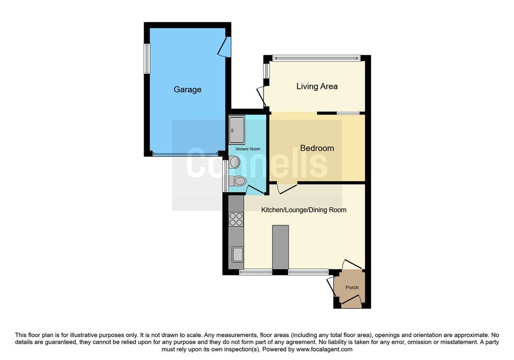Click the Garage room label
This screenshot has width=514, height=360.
pos(187,89)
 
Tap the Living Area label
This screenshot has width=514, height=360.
pos(317,86)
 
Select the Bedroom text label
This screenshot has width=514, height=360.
pos(317,148)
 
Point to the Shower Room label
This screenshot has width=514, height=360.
pos(248,149)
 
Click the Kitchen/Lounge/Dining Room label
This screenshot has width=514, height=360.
pos(304,210)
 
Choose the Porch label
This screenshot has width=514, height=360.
pos(352,288)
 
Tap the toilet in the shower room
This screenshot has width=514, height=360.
pos(238,181)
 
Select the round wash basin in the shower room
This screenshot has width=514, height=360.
pos(234,162)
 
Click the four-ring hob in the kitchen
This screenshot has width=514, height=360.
pos(236,219)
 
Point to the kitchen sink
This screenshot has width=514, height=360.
pos(237,255)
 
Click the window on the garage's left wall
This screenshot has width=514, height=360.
pos(147,58)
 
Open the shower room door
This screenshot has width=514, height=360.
pos(256,190)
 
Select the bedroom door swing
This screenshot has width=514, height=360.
pos(287,188)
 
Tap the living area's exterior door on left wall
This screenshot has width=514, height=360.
pos(262,96)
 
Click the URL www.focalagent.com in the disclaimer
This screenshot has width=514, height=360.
pos(324,349)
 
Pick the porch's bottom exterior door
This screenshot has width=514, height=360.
pos(351,301)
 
